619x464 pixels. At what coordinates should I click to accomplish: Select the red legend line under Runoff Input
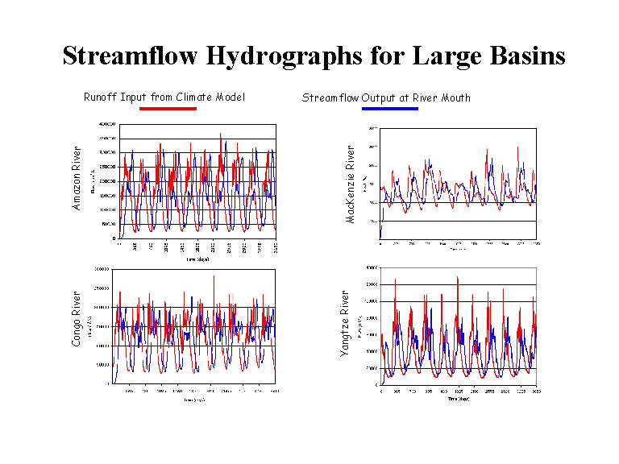coord(168,108)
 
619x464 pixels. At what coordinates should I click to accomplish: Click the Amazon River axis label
coord(77,183)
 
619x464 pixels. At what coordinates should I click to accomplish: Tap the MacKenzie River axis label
coord(351,184)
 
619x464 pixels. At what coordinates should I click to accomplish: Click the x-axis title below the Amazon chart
coord(197,259)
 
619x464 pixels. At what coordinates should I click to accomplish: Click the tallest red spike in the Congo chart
coord(214,277)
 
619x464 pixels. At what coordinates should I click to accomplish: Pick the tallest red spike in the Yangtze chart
coord(457,279)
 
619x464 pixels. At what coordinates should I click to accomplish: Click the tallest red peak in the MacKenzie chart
coord(517,147)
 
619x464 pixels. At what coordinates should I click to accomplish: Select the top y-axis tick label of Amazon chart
coord(107,124)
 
